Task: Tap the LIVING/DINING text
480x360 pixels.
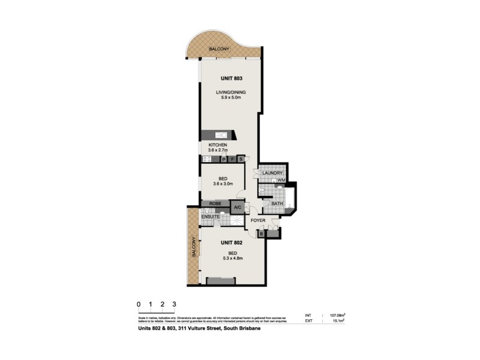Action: tap(231, 92)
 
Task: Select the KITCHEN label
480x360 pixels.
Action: tap(217, 146)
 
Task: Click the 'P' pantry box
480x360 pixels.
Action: tap(224, 160)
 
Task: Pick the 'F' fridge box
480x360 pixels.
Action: tap(232, 160)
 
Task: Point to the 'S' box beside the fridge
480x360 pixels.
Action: tap(241, 160)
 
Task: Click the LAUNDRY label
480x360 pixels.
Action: tap(272, 173)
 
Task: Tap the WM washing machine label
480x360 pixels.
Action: tap(281, 180)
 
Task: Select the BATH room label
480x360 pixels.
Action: tap(277, 204)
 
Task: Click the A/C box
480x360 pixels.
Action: tap(238, 208)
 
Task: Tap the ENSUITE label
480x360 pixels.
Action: tap(211, 217)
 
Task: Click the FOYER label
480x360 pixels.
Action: tap(259, 221)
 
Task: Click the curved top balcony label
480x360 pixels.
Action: tap(217, 49)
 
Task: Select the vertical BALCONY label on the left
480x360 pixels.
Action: tap(194, 246)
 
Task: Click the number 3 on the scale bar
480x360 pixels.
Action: tap(175, 304)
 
